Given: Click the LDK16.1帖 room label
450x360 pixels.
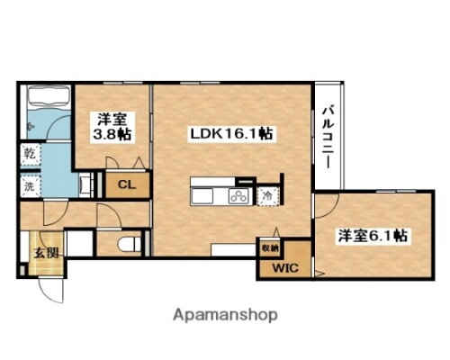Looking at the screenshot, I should pos(231,133).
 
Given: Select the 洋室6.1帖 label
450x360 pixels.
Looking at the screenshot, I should pos(373,235).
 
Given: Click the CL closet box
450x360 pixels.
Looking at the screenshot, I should pos(124,185).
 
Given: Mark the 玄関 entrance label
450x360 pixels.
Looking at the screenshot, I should pos(48,253).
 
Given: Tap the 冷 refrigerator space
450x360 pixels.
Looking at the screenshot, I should pos(267,195).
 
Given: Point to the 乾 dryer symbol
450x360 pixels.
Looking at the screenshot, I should pos(29,154).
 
